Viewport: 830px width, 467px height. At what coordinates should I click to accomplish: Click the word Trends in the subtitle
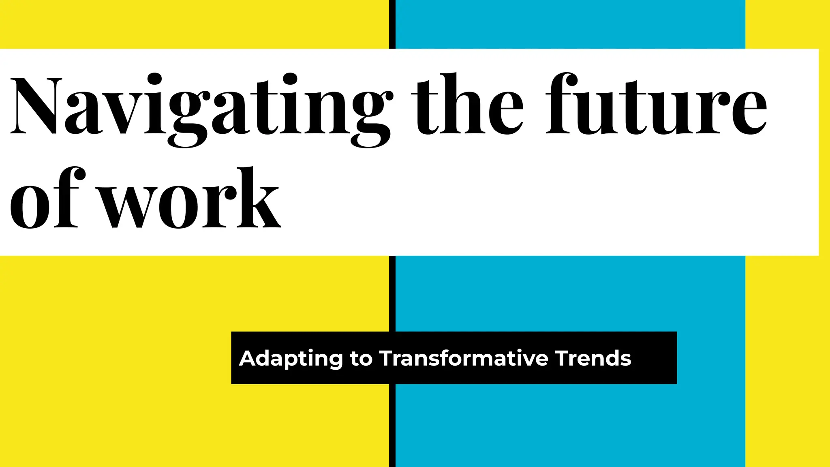click(x=593, y=358)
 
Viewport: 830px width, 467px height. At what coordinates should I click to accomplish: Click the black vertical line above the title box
click(x=392, y=24)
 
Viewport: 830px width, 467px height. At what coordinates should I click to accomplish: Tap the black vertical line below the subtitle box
click(x=392, y=426)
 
